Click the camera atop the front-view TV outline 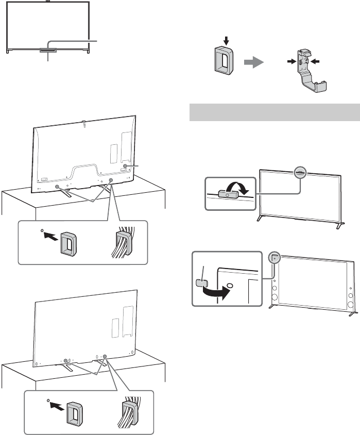tap(48, 3)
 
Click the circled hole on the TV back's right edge tap(126, 167)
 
